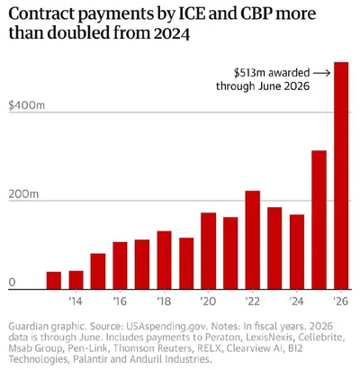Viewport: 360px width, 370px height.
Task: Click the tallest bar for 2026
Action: click(x=341, y=176)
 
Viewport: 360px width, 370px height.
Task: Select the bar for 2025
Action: click(x=319, y=220)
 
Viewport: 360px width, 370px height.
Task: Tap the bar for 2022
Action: click(x=253, y=240)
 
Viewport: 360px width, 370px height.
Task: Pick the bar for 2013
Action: click(x=54, y=281)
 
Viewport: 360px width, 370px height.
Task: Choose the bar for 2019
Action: click(x=186, y=264)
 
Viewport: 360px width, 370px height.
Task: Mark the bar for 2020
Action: click(x=209, y=251)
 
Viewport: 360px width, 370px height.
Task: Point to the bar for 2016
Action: click(x=120, y=266)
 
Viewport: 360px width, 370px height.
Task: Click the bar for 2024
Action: click(x=297, y=252)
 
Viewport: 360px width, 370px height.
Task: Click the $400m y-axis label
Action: click(x=27, y=105)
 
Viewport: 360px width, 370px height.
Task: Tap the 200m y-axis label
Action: click(x=23, y=194)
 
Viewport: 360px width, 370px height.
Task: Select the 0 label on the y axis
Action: click(x=12, y=283)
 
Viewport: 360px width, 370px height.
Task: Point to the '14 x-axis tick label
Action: click(x=76, y=301)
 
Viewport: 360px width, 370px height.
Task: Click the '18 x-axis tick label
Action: click(x=164, y=301)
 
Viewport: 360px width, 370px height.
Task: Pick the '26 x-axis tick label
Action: click(x=341, y=301)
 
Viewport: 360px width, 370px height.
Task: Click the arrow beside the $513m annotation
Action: click(x=321, y=73)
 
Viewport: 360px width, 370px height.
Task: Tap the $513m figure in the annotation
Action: click(x=249, y=73)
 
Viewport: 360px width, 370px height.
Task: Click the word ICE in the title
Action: click(x=192, y=14)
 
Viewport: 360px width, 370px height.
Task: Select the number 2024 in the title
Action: click(x=172, y=33)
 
